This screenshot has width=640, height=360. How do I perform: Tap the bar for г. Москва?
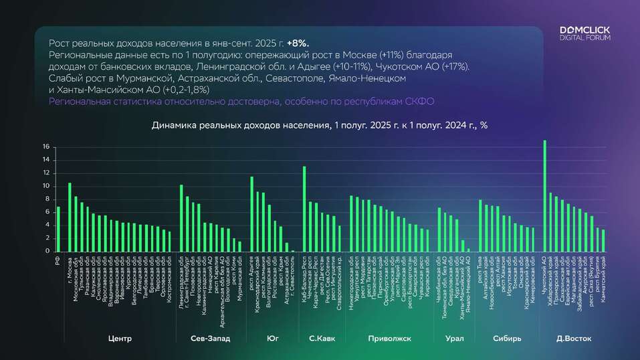[70, 217]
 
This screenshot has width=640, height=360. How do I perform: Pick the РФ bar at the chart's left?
[58, 229]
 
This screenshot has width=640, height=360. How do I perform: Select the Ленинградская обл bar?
[181, 218]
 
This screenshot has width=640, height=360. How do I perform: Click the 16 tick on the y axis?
[45, 147]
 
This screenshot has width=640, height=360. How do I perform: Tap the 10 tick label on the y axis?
[45, 186]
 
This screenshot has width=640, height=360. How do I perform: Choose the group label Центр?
[120, 339]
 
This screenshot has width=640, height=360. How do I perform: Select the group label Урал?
[454, 339]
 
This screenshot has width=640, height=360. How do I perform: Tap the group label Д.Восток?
[574, 339]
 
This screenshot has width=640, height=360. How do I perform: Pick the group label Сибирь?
[506, 339]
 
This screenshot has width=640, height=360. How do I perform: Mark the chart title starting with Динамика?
[320, 125]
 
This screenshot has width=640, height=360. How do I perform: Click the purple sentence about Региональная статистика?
[242, 101]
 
